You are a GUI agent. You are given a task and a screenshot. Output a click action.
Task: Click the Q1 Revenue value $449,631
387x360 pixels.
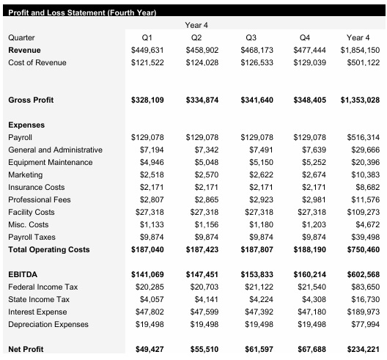pyautogui.click(x=147, y=50)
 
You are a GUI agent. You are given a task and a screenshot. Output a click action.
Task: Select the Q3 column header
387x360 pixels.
pyautogui.click(x=251, y=37)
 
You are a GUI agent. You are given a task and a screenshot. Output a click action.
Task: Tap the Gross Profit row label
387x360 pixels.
pyautogui.click(x=31, y=100)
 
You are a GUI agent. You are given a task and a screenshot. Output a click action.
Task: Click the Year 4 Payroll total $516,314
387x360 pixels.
pyautogui.click(x=363, y=137)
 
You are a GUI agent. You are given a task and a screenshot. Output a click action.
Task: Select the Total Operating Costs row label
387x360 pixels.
pyautogui.click(x=48, y=249)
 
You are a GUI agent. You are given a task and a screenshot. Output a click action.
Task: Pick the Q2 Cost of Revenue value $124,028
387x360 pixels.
pyautogui.click(x=201, y=62)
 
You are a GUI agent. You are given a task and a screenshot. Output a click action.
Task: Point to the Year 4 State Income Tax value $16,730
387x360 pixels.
pyautogui.click(x=363, y=299)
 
